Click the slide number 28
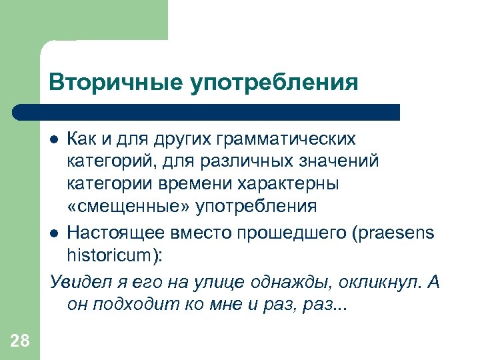20,341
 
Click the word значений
341,161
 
